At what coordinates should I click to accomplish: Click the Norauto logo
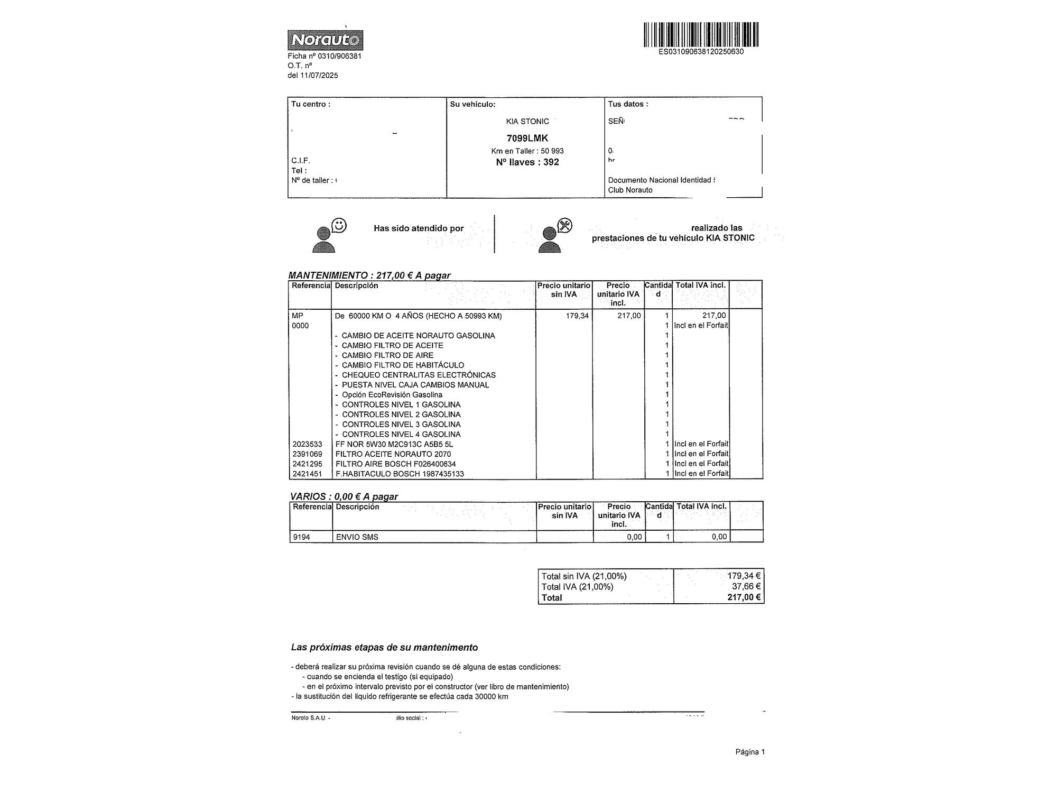click(x=325, y=40)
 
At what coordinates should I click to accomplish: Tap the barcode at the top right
click(x=701, y=34)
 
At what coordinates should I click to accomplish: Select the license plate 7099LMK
click(x=527, y=138)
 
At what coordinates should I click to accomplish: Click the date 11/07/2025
click(x=319, y=76)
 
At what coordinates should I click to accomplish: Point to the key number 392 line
click(x=527, y=162)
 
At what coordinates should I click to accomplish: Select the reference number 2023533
click(x=307, y=444)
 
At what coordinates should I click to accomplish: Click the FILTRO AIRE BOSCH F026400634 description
click(x=395, y=464)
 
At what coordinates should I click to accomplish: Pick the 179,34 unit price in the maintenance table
click(x=577, y=316)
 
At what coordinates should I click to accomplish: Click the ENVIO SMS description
click(x=357, y=537)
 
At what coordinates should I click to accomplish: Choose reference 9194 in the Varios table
click(x=301, y=537)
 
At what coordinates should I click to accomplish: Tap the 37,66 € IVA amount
click(x=746, y=586)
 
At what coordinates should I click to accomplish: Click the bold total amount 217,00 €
click(x=744, y=597)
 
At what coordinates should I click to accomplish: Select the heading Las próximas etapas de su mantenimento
click(x=384, y=647)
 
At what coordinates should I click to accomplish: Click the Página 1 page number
click(x=750, y=752)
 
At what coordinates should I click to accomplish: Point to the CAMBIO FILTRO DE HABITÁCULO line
click(x=402, y=365)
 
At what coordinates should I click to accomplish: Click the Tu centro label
click(x=311, y=104)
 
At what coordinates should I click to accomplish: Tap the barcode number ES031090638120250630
click(x=701, y=52)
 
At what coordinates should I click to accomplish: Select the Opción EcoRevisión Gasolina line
click(x=392, y=395)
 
